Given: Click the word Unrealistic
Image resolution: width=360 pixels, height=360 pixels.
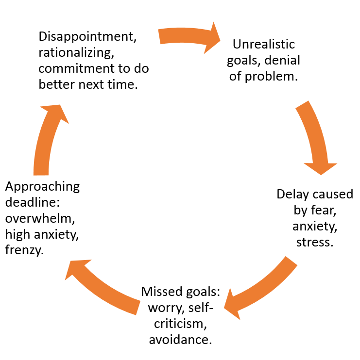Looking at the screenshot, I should [264, 44].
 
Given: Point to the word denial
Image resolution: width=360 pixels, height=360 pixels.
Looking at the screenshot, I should [283, 60].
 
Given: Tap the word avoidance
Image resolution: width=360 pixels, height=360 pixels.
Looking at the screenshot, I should [180, 339].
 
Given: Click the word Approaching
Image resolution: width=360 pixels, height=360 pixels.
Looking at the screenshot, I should [42, 187].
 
